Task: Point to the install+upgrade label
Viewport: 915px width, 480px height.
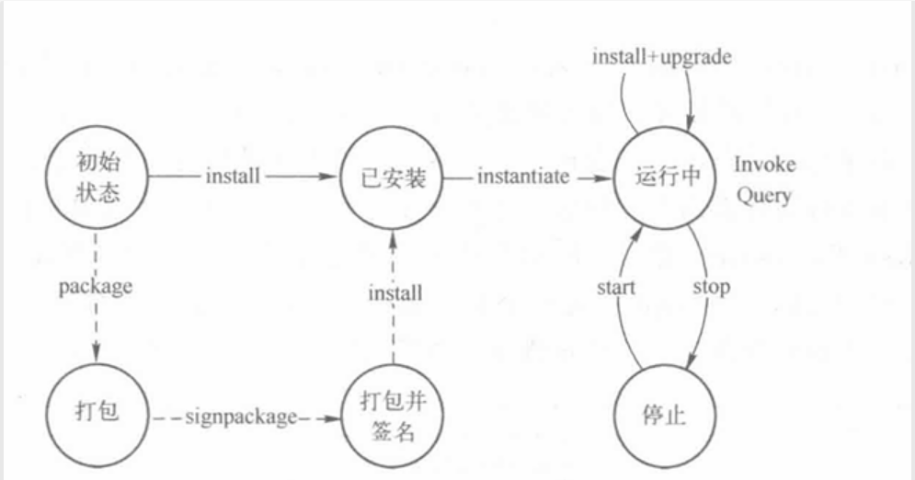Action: (x=661, y=57)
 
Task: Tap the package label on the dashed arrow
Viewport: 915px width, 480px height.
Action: (x=95, y=286)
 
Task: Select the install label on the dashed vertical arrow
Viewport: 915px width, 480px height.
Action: (x=395, y=293)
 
